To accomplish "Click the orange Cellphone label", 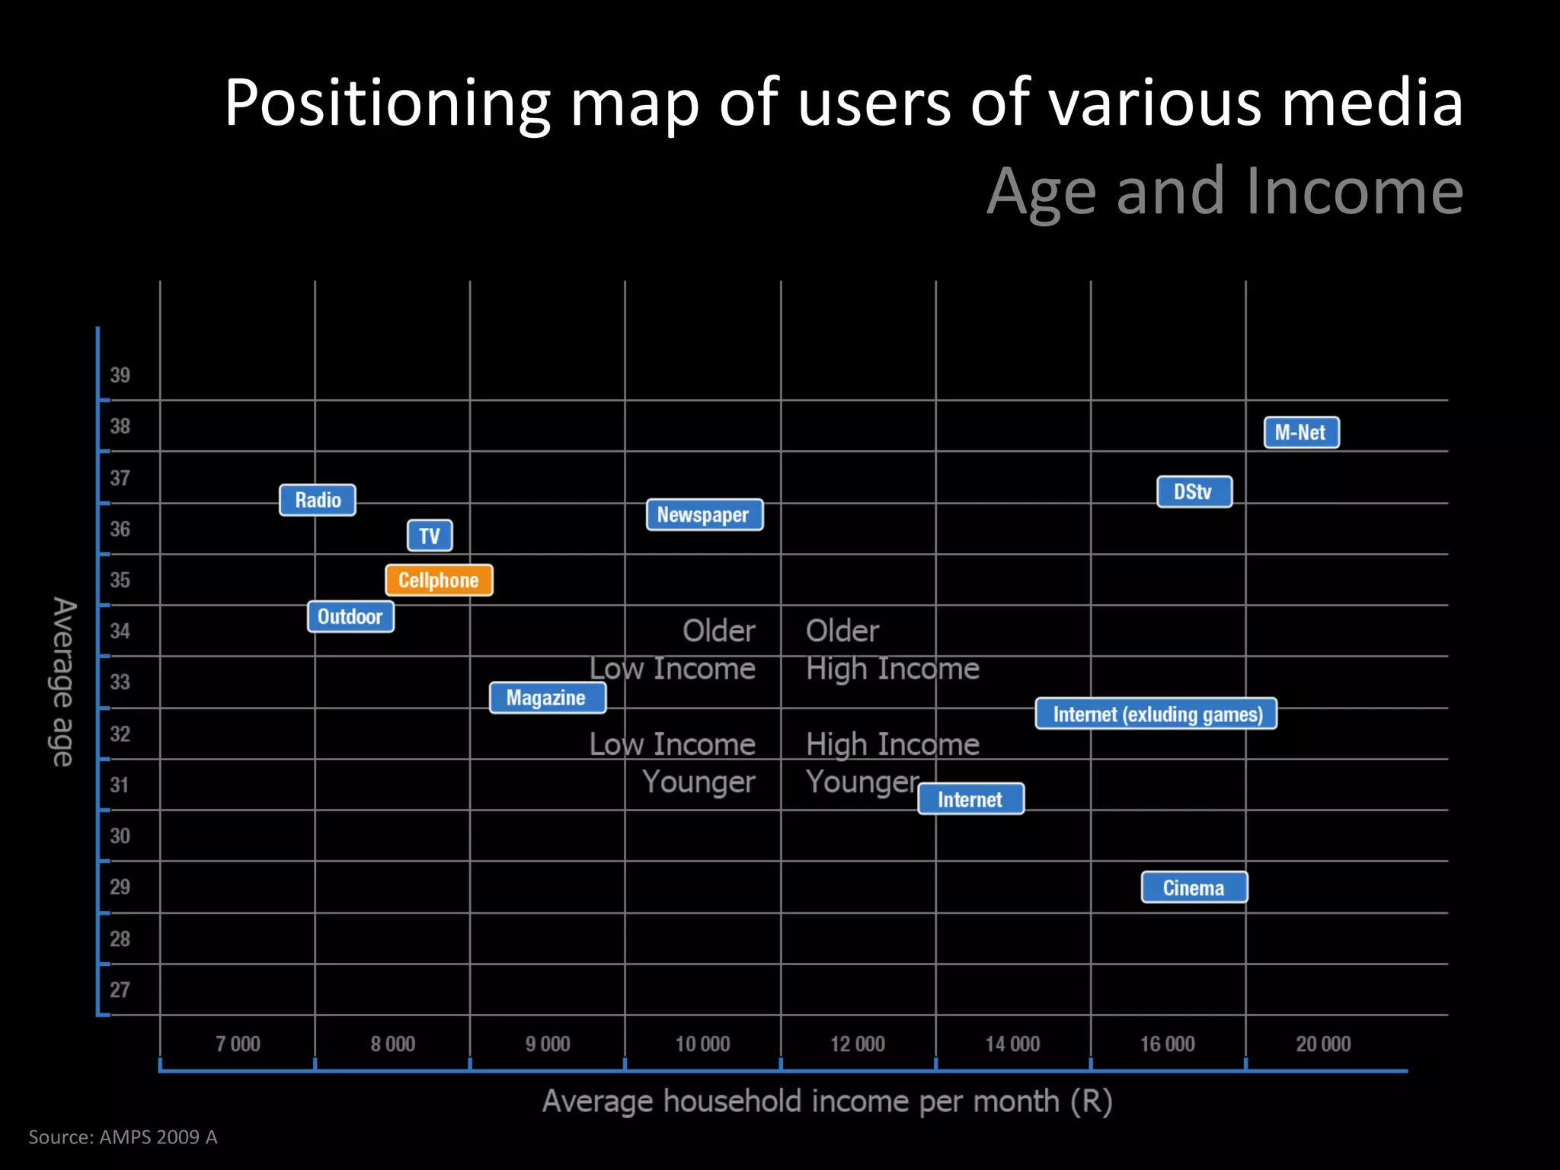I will coord(439,580).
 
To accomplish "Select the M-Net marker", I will coord(1301,433).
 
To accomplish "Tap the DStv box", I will coord(1194,492).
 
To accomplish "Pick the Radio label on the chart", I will coord(318,500).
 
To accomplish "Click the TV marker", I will coord(430,535).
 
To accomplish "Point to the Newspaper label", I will coord(704,515).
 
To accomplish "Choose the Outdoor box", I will coord(350,616).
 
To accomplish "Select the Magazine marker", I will coord(547,698).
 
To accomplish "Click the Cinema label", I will coord(1194,887).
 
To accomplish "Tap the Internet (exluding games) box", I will coord(1156,714).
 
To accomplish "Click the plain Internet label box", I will coord(970,799).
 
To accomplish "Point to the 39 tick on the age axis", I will coord(120,375).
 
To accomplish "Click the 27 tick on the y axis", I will coord(120,989).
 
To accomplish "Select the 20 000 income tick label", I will coord(1323,1044).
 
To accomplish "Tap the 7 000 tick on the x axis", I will coord(238,1044).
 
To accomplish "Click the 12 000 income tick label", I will coord(858,1044).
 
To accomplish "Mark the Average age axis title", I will coord(63,682).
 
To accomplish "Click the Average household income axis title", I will coord(827,1101).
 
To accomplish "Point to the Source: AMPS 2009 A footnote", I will coord(123,1137).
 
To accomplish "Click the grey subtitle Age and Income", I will coord(1225,191).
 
